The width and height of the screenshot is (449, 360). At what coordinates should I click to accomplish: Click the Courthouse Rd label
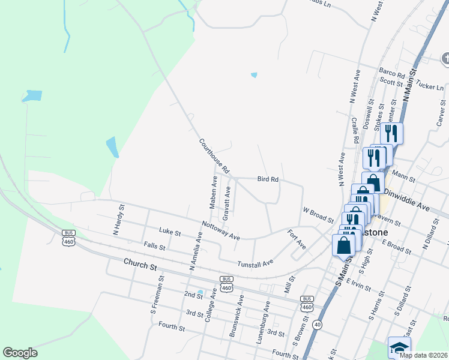click(214, 157)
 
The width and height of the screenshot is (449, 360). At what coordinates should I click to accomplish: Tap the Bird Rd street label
click(268, 179)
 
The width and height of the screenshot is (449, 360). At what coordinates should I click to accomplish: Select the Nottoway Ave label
click(221, 230)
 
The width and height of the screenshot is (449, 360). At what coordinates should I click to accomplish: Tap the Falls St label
click(154, 245)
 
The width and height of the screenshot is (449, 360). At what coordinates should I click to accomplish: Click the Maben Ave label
click(213, 193)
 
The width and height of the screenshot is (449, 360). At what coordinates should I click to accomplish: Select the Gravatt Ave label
click(227, 202)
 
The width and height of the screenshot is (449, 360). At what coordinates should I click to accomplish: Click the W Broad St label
click(318, 215)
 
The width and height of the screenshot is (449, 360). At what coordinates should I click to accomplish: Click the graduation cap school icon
click(399, 347)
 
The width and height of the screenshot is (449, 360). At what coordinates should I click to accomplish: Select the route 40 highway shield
click(317, 325)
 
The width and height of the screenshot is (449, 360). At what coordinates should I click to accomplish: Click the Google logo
click(20, 353)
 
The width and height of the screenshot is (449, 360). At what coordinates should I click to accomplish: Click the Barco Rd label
click(392, 73)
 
